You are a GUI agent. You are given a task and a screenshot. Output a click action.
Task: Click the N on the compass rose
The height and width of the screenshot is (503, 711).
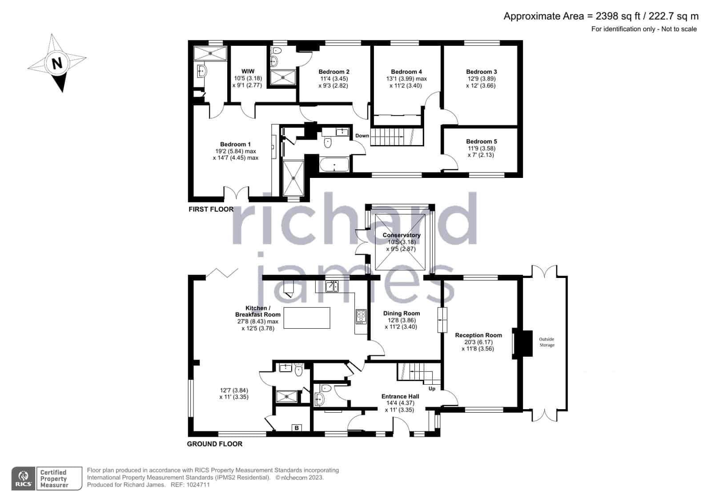pyautogui.click(x=57, y=63)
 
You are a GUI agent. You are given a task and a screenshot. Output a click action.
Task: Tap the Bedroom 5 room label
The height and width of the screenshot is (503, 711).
pyautogui.click(x=481, y=141)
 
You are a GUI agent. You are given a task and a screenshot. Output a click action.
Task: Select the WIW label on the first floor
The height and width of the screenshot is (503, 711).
pyautogui.click(x=248, y=72)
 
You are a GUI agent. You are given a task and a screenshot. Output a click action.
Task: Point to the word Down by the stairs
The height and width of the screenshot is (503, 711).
pyautogui.click(x=362, y=136)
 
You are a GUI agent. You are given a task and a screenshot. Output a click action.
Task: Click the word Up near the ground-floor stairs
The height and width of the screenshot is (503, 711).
pyautogui.click(x=432, y=389)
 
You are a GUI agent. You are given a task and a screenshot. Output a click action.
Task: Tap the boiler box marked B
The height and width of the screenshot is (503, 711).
pyautogui.click(x=297, y=428)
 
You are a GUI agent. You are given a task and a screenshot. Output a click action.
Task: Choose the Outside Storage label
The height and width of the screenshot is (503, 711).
pyautogui.click(x=546, y=342)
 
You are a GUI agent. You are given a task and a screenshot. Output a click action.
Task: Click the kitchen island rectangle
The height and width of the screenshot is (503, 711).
pyautogui.click(x=307, y=318)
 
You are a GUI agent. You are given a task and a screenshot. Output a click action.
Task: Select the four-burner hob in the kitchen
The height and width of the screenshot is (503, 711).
pyautogui.click(x=361, y=317)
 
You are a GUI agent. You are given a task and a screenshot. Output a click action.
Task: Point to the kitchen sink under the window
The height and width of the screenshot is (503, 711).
pyautogui.click(x=332, y=286)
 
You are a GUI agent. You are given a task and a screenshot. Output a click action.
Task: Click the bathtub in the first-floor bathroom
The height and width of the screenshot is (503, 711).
pyautogui.click(x=334, y=164)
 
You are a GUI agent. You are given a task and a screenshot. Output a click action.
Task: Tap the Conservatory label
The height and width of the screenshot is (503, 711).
pyautogui.click(x=402, y=235)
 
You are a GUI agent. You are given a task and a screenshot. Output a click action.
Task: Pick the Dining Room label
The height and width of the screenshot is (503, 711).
pyautogui.click(x=402, y=314)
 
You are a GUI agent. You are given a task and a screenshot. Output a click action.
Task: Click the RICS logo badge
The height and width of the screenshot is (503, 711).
pyautogui.click(x=23, y=479)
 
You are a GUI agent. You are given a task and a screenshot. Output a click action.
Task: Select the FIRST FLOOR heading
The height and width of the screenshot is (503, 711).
pyautogui.click(x=211, y=209)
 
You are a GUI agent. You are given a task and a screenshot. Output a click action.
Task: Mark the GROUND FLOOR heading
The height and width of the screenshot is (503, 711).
pyautogui.click(x=215, y=444)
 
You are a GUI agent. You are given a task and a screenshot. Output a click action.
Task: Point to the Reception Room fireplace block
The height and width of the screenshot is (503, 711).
pyautogui.click(x=523, y=344)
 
